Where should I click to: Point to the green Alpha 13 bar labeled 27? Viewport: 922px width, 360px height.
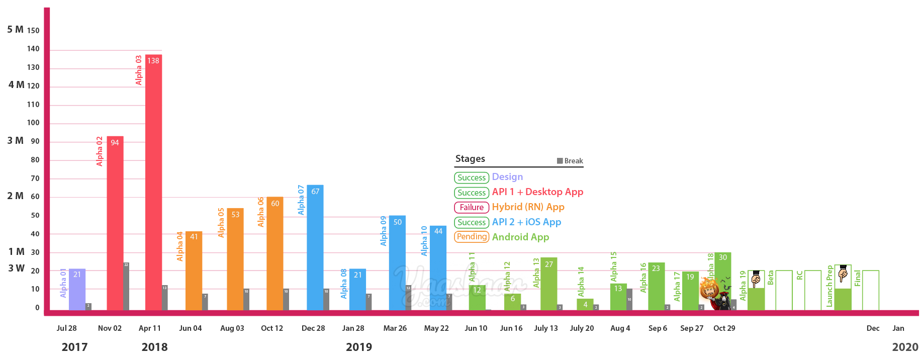[x=548, y=284]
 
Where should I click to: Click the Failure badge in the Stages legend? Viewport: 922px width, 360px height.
[x=472, y=207]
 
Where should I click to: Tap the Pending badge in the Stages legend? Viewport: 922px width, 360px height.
[x=472, y=237]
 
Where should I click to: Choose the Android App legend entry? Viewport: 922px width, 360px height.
[x=520, y=237]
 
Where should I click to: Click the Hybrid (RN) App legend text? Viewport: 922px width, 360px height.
[x=528, y=207]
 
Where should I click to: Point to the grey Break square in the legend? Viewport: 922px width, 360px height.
[x=560, y=161]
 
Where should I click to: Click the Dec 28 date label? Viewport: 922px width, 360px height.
[x=313, y=328]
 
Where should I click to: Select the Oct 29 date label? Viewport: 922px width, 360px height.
[x=724, y=328]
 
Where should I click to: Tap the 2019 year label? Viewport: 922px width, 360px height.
[x=359, y=347]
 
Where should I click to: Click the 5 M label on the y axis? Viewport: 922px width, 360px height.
[x=16, y=30]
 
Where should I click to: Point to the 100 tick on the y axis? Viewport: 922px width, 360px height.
[x=33, y=123]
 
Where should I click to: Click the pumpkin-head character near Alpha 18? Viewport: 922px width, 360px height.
[x=710, y=289]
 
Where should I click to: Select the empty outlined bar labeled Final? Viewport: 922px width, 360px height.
[x=870, y=290]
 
